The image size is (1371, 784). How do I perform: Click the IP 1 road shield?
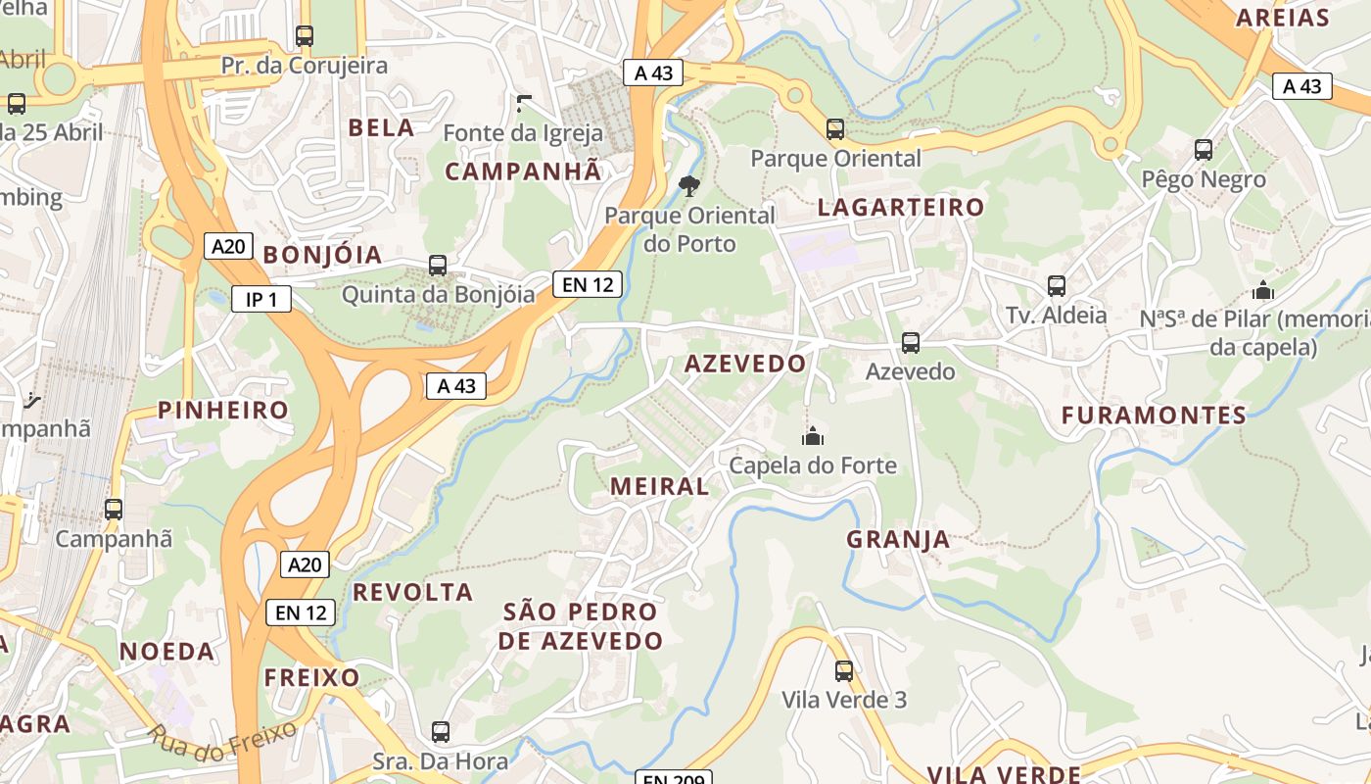[261, 299]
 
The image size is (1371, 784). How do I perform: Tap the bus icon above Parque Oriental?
[835, 128]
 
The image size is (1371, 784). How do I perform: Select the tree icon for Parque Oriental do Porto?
[689, 185]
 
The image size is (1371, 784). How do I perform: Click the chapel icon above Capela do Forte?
[812, 436]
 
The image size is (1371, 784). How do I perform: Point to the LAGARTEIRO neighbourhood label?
[901, 207]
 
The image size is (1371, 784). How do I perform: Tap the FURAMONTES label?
[1154, 416]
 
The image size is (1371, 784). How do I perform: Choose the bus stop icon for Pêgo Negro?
[1204, 150]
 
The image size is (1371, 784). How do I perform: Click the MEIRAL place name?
[659, 486]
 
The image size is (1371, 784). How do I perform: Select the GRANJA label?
[898, 539]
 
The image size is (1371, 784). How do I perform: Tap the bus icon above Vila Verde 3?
[844, 671]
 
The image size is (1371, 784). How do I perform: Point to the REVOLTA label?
[412, 592]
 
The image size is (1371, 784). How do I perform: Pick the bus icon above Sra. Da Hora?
[441, 732]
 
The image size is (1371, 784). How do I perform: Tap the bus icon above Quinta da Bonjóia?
[438, 265]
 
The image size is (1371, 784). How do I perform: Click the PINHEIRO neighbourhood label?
[223, 410]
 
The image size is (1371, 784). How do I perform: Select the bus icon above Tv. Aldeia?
[1057, 286]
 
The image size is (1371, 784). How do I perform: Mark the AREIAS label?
[1283, 17]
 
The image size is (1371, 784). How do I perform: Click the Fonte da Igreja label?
[523, 132]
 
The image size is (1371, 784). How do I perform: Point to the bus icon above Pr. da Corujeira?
[305, 36]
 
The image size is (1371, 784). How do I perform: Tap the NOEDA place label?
[166, 652]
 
